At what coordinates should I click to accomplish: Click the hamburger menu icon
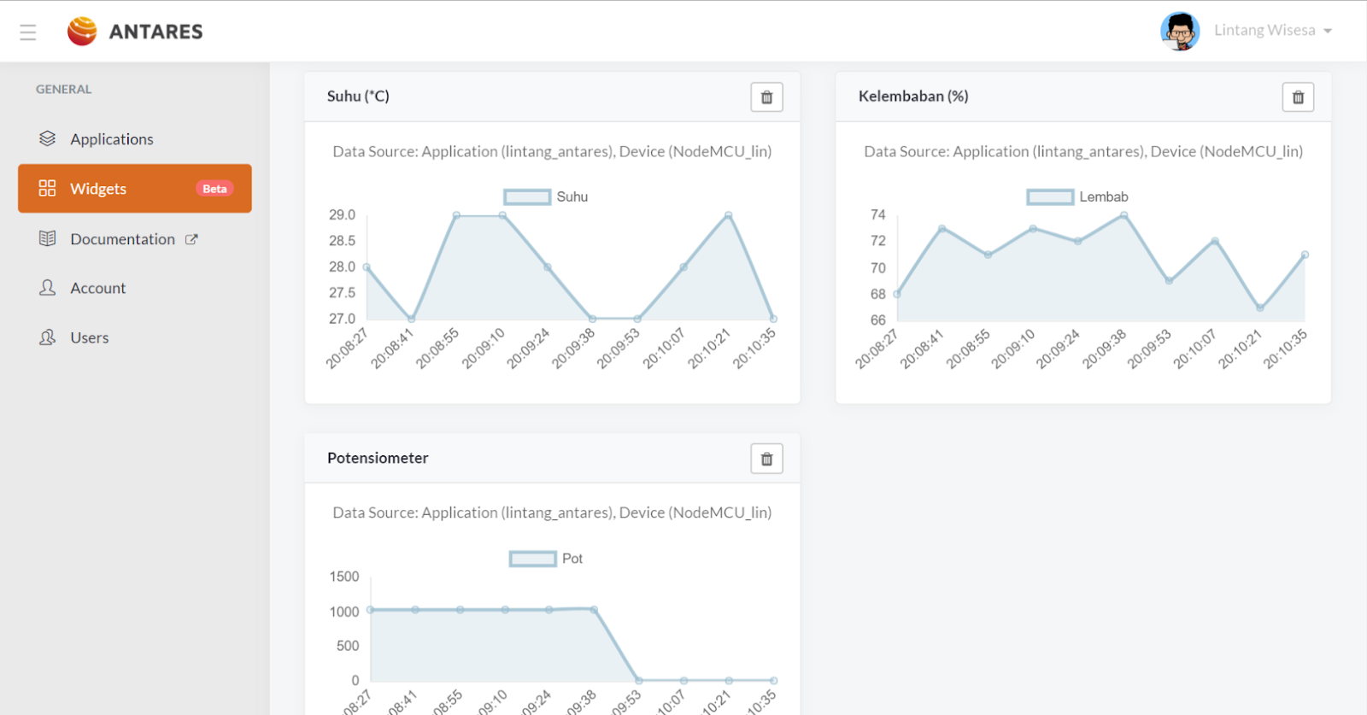(28, 32)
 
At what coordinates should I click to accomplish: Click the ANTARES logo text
(155, 32)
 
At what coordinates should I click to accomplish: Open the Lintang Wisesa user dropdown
(1272, 31)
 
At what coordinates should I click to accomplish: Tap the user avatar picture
(1180, 32)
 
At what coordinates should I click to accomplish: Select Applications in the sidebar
(111, 139)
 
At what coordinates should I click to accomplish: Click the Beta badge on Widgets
(214, 189)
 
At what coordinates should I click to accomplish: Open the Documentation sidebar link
(122, 239)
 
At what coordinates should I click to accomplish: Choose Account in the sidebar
(97, 289)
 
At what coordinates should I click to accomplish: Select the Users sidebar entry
(89, 338)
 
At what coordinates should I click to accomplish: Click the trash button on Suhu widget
(766, 97)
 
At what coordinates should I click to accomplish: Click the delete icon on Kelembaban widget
(1298, 97)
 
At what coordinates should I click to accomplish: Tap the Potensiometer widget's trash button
(766, 460)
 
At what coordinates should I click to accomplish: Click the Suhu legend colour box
(527, 197)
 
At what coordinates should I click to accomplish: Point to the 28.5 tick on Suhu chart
(342, 241)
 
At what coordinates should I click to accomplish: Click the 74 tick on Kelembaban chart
(877, 214)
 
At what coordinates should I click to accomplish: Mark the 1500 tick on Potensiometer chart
(344, 577)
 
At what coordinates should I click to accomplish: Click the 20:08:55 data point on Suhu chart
(456, 215)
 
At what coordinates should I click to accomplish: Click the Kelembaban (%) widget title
(912, 97)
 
